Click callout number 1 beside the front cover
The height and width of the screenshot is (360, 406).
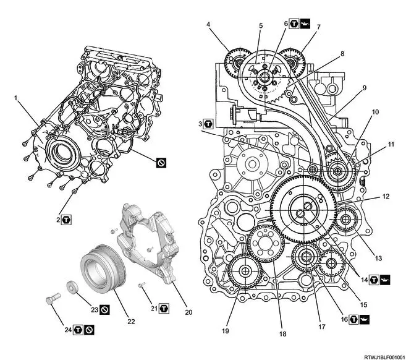pyautogui.click(x=17, y=98)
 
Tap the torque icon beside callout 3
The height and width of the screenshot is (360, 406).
pyautogui.click(x=209, y=124)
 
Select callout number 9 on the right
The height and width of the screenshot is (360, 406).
pyautogui.click(x=365, y=88)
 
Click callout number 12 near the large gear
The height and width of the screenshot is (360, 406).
pyautogui.click(x=385, y=197)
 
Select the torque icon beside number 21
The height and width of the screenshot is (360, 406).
pyautogui.click(x=164, y=307)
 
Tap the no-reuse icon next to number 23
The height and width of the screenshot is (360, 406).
pyautogui.click(x=105, y=308)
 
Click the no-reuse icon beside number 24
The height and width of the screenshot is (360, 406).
pyautogui.click(x=90, y=329)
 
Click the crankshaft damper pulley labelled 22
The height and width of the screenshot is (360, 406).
pyautogui.click(x=102, y=270)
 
